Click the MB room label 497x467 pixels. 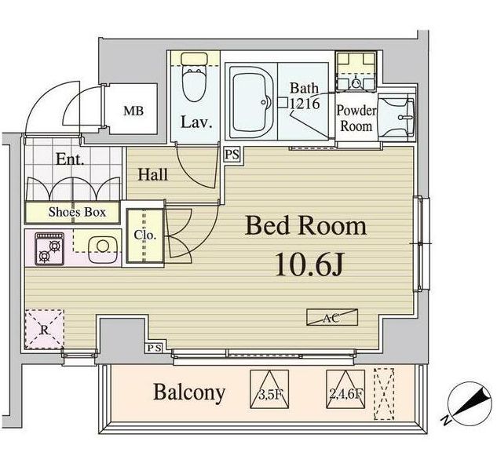click(133, 111)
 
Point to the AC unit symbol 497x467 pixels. click(331, 318)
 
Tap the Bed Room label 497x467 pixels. click(305, 226)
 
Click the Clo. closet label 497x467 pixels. click(144, 235)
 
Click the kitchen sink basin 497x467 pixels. click(100, 250)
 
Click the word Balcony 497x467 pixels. click(189, 392)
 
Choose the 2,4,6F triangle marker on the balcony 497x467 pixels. click(345, 388)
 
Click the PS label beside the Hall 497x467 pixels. click(232, 154)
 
